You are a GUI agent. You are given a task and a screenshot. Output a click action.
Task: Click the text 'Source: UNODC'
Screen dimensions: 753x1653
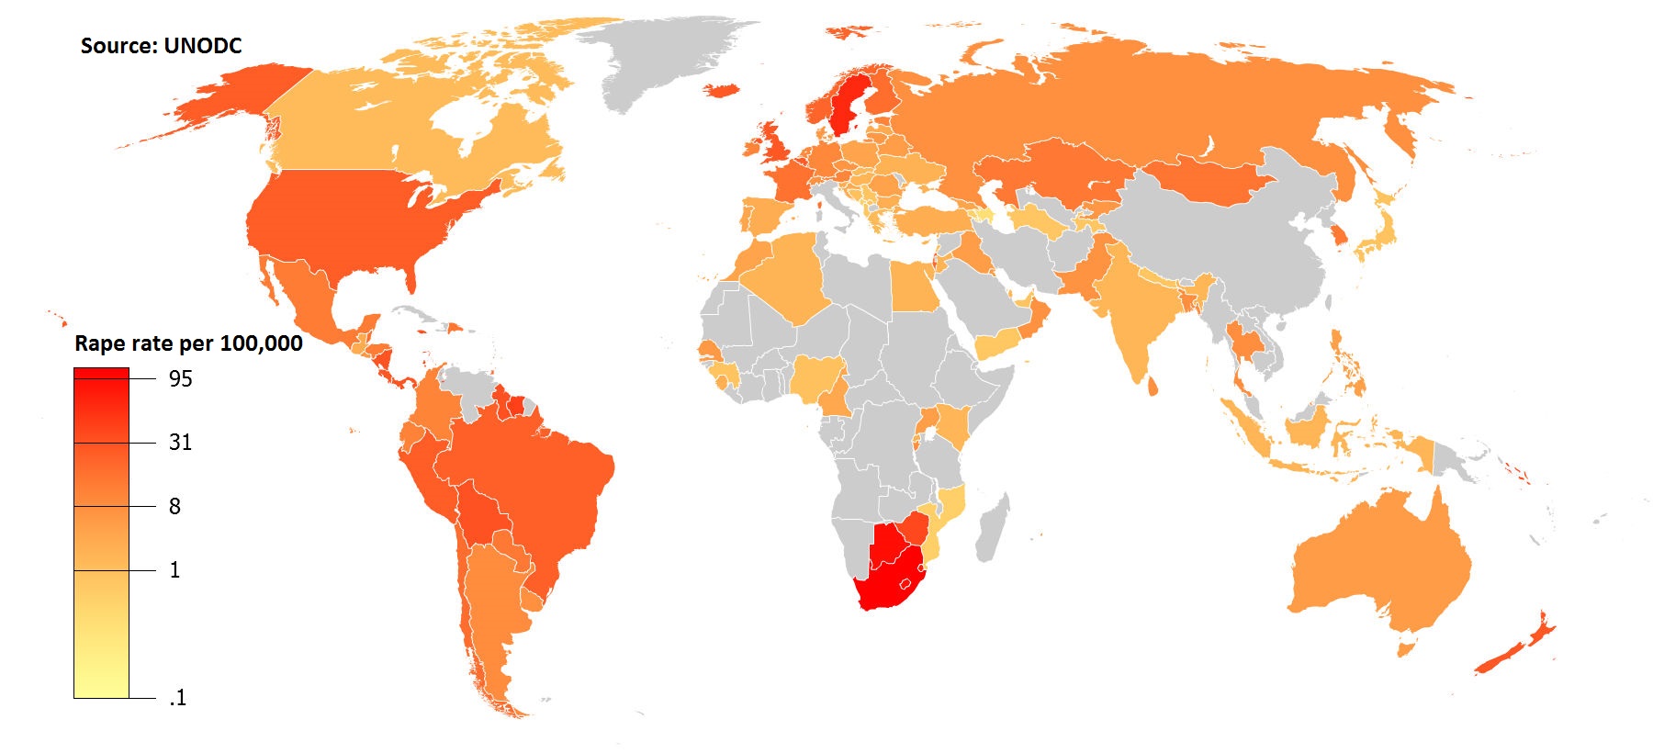[161, 46]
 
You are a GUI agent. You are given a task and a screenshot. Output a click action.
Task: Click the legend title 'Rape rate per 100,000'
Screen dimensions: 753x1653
[188, 343]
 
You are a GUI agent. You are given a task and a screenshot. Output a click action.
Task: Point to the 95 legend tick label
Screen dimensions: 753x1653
[180, 378]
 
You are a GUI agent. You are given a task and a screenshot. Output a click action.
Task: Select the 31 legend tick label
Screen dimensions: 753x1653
[180, 443]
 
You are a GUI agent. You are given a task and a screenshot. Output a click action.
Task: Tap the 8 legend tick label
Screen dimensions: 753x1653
[174, 506]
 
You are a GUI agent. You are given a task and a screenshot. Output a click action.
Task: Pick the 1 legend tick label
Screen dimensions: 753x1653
[174, 570]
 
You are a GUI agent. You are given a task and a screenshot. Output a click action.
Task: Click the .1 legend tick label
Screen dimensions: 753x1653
[177, 698]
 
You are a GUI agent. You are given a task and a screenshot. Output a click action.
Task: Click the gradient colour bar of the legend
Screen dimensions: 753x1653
[101, 533]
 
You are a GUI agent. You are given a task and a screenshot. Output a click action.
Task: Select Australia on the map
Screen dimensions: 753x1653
[1377, 569]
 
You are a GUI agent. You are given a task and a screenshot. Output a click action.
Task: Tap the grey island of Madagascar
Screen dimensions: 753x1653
[993, 528]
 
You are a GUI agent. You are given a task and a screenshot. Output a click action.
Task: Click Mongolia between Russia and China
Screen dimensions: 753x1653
[1203, 179]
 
